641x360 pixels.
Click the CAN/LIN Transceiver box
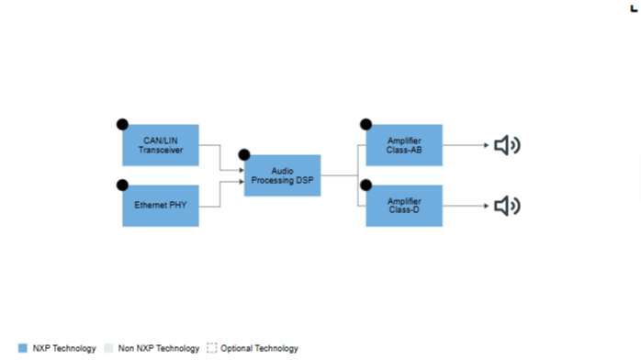click(161, 145)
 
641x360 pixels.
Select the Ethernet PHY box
click(161, 206)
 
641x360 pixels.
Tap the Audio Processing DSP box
click(283, 175)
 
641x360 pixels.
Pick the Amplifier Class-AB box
click(404, 145)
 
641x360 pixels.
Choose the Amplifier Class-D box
click(404, 206)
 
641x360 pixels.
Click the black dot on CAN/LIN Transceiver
click(122, 124)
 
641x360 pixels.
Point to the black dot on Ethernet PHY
click(122, 186)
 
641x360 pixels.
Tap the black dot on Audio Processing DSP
click(244, 155)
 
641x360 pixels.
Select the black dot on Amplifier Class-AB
click(365, 124)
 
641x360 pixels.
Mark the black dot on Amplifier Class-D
click(365, 186)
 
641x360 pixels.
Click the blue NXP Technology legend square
click(23, 348)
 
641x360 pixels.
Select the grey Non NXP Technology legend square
click(108, 348)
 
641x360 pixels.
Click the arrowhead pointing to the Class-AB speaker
click(487, 145)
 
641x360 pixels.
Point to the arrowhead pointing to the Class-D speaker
click(487, 206)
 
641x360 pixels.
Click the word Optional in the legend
click(236, 349)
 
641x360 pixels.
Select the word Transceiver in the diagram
click(161, 150)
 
